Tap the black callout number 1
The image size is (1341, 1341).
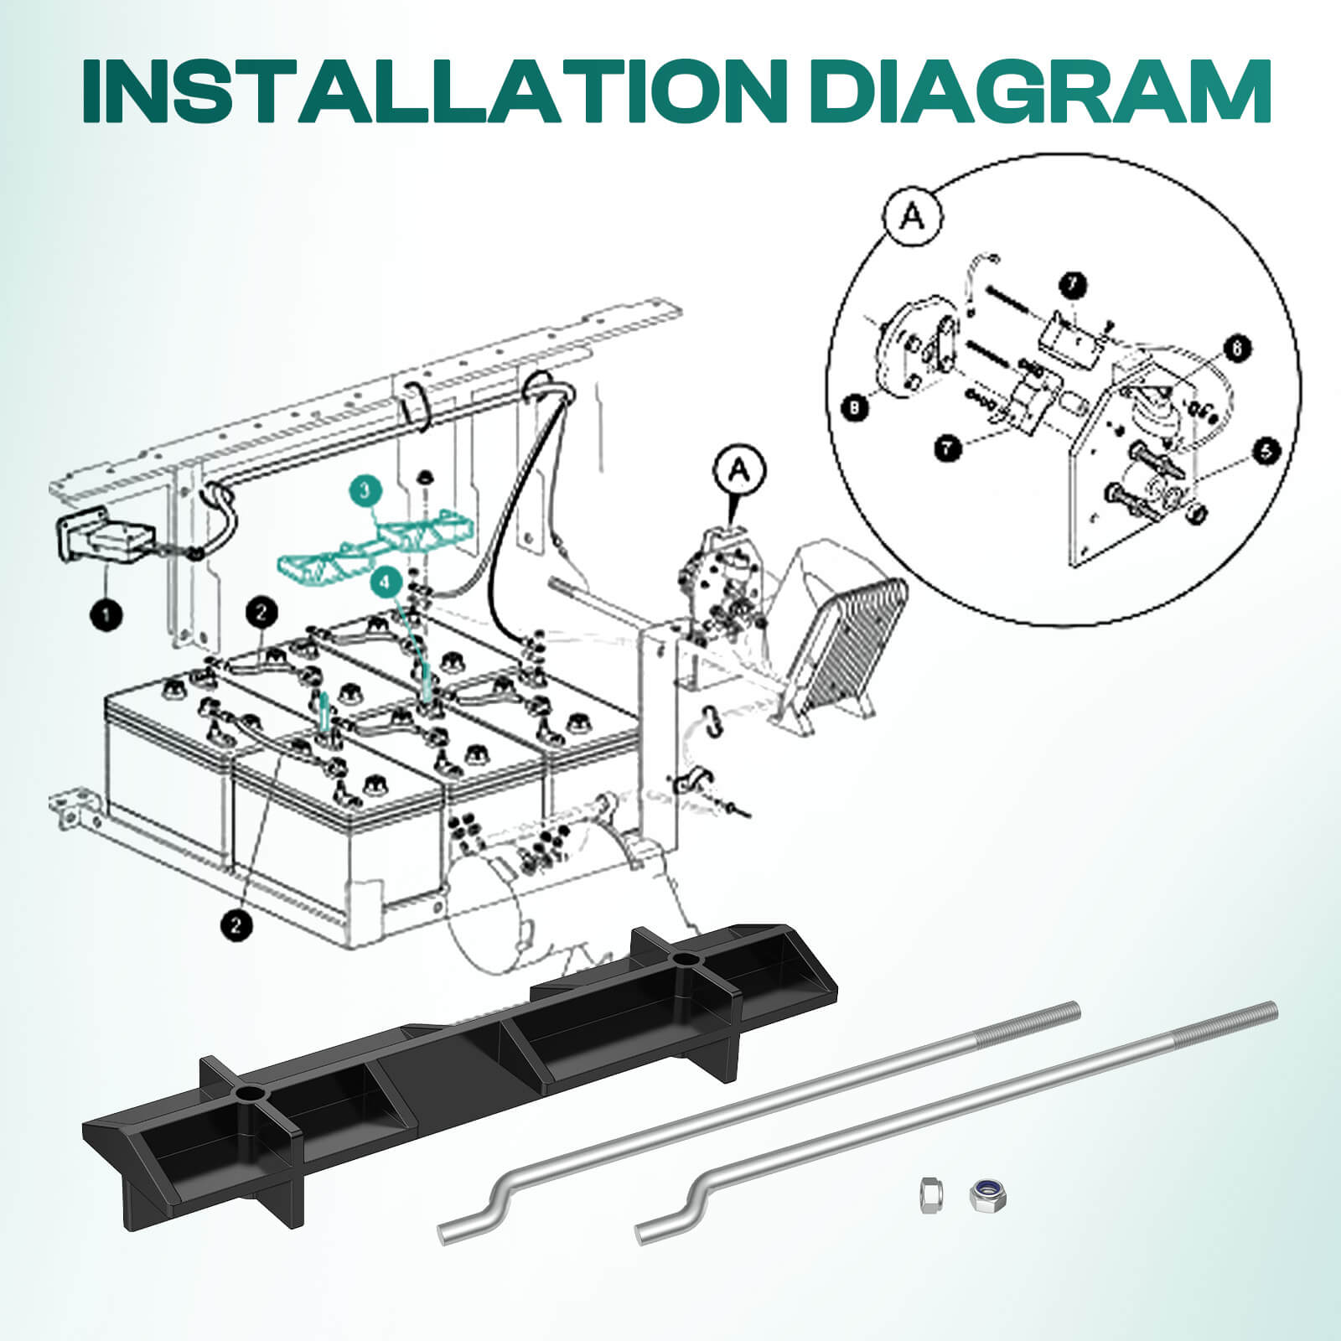tap(106, 616)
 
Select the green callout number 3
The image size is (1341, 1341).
tap(366, 491)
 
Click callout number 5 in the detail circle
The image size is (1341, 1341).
tap(1265, 452)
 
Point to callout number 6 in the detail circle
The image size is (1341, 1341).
tap(1238, 348)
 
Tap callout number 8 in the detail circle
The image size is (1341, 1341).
tap(854, 407)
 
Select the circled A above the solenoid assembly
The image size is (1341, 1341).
tap(738, 471)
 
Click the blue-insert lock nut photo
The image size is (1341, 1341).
tap(987, 1194)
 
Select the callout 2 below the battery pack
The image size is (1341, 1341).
tap(236, 925)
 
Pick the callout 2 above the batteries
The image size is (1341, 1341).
tap(261, 613)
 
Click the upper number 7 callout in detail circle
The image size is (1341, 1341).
tap(1072, 286)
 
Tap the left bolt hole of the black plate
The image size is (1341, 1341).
tap(249, 1095)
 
